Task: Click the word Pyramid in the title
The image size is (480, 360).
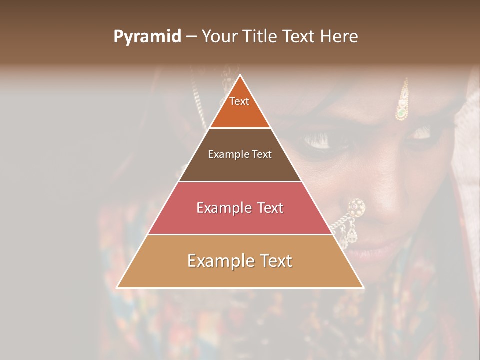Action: pos(147,37)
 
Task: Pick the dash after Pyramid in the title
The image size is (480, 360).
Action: pos(191,37)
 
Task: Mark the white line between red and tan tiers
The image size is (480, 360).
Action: pos(240,234)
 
